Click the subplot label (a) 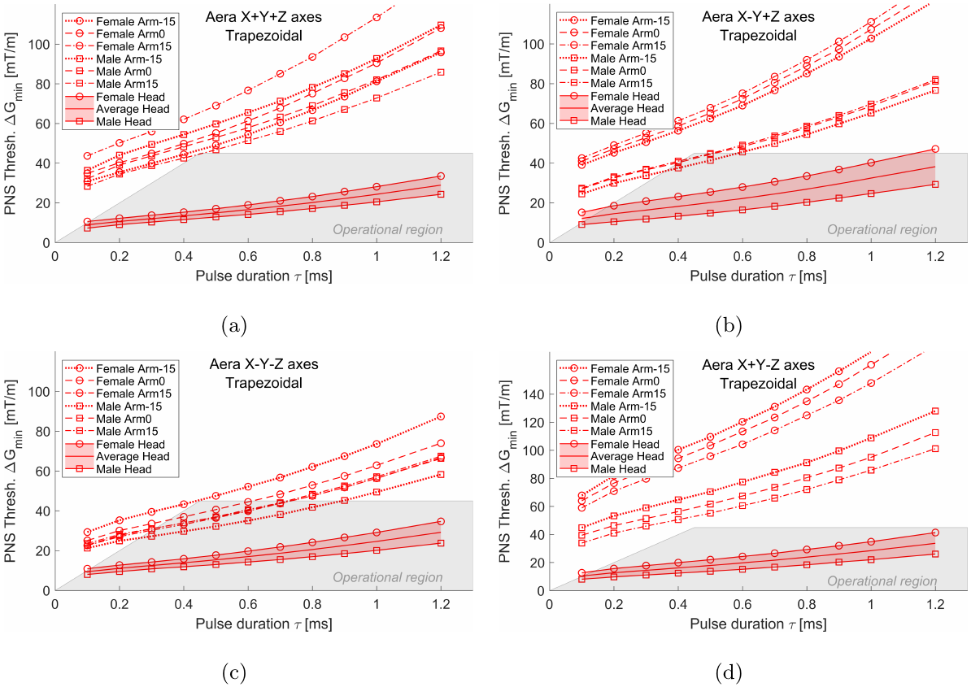coord(233,326)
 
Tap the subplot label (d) coord(728,673)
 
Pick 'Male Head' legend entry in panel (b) coord(618,121)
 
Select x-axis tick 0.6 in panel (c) coord(248,604)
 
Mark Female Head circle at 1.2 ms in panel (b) coord(935,149)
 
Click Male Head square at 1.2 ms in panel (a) coord(441,194)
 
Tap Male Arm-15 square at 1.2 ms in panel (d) coord(935,411)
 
